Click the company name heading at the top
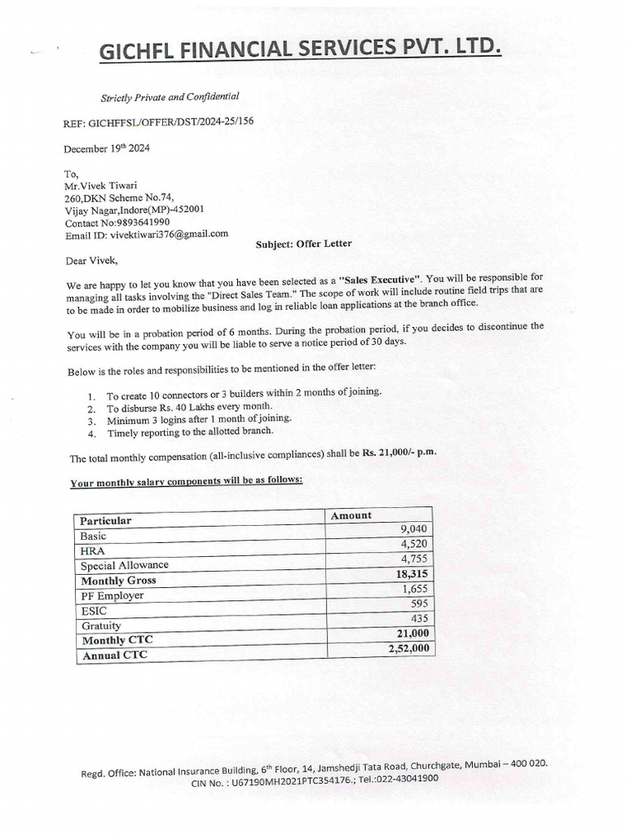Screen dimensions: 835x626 (x=300, y=51)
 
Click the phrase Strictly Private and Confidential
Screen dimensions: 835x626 (x=170, y=97)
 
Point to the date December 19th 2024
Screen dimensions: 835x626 (x=107, y=149)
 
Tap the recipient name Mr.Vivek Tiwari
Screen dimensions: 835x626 (x=104, y=185)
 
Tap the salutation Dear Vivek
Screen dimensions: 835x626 (x=91, y=262)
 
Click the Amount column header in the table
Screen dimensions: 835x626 (x=351, y=515)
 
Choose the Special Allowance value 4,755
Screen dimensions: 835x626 (x=414, y=559)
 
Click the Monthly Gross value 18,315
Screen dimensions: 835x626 (x=412, y=574)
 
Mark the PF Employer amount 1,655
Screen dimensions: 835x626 (x=414, y=589)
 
